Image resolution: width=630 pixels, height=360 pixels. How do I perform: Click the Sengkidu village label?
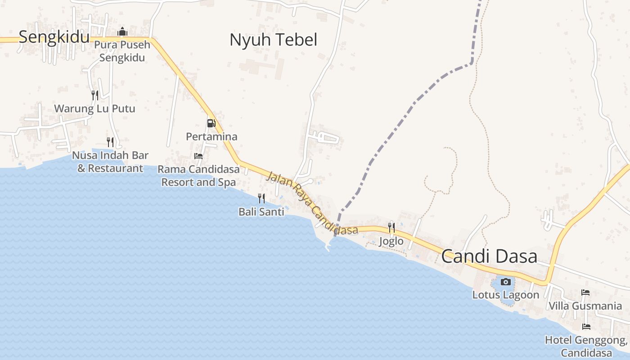click(54, 37)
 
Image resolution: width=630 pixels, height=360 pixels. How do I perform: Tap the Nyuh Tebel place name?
click(273, 40)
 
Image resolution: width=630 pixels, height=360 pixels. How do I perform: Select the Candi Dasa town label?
click(489, 256)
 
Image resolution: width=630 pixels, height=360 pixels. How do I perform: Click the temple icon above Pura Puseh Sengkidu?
click(122, 32)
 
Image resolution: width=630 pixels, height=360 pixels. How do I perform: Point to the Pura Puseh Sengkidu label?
click(122, 51)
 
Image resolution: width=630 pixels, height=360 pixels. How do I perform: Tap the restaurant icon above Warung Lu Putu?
click(94, 95)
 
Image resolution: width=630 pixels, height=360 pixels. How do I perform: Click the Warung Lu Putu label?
click(94, 109)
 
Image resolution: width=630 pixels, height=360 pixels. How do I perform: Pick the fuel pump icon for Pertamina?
click(211, 123)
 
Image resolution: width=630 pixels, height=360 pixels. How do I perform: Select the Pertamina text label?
click(211, 136)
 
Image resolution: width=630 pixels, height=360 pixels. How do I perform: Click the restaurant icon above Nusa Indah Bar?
click(110, 142)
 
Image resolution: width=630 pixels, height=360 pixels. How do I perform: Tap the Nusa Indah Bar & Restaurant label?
click(110, 162)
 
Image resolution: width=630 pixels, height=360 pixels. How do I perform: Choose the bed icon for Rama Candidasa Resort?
click(198, 156)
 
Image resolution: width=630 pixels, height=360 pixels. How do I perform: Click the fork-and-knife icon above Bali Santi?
click(261, 198)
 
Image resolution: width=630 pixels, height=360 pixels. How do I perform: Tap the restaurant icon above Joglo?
click(391, 228)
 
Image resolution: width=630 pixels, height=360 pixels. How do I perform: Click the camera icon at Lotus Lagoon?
click(506, 282)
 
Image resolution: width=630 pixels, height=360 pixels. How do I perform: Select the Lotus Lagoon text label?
click(505, 295)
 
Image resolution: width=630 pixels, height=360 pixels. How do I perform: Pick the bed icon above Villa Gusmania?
click(585, 292)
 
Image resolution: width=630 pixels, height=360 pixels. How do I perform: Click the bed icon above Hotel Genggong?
click(586, 327)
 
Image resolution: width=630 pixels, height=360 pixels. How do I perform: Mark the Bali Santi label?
click(261, 211)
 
